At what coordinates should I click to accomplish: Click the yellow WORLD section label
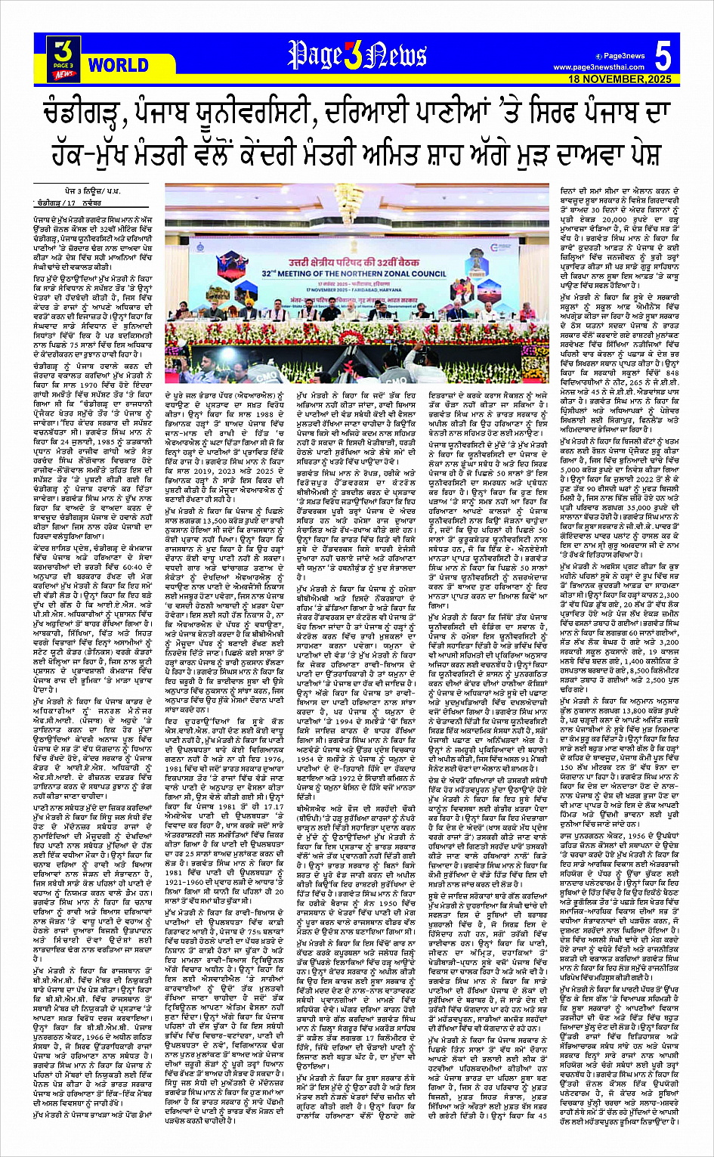(x=118, y=66)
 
